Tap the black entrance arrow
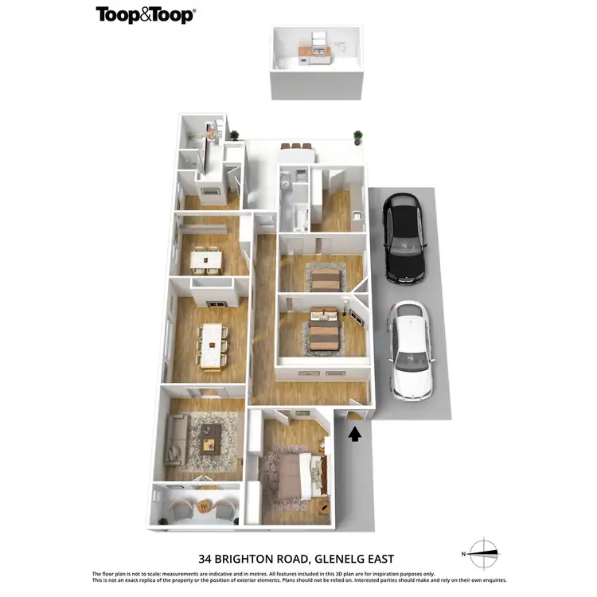pos(354,434)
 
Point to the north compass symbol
pos(482,551)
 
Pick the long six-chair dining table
pos(212,346)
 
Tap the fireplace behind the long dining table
pos(216,304)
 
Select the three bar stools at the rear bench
pos(297,146)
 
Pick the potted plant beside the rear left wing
pos(234,135)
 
